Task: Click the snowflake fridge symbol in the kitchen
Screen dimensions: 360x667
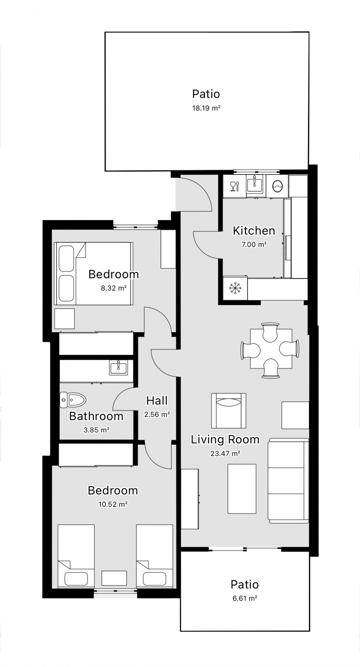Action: (235, 288)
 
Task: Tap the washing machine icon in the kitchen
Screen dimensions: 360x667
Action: (277, 186)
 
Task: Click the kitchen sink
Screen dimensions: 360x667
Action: (255, 184)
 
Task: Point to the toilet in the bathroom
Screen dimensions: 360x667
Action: (73, 400)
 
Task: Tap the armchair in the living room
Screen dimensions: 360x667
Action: (229, 410)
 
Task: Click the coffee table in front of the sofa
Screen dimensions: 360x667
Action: (242, 489)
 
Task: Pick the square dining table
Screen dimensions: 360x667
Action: (271, 349)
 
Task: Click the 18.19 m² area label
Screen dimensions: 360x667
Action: (206, 108)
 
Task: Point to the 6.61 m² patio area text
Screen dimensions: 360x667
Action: (245, 598)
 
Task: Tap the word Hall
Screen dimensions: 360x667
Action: (157, 401)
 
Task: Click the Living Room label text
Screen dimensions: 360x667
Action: (225, 440)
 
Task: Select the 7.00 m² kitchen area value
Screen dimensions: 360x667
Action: (254, 244)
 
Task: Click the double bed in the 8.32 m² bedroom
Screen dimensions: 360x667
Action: (93, 273)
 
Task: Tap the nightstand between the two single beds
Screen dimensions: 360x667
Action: (114, 578)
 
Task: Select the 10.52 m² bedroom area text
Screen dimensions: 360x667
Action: (113, 504)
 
